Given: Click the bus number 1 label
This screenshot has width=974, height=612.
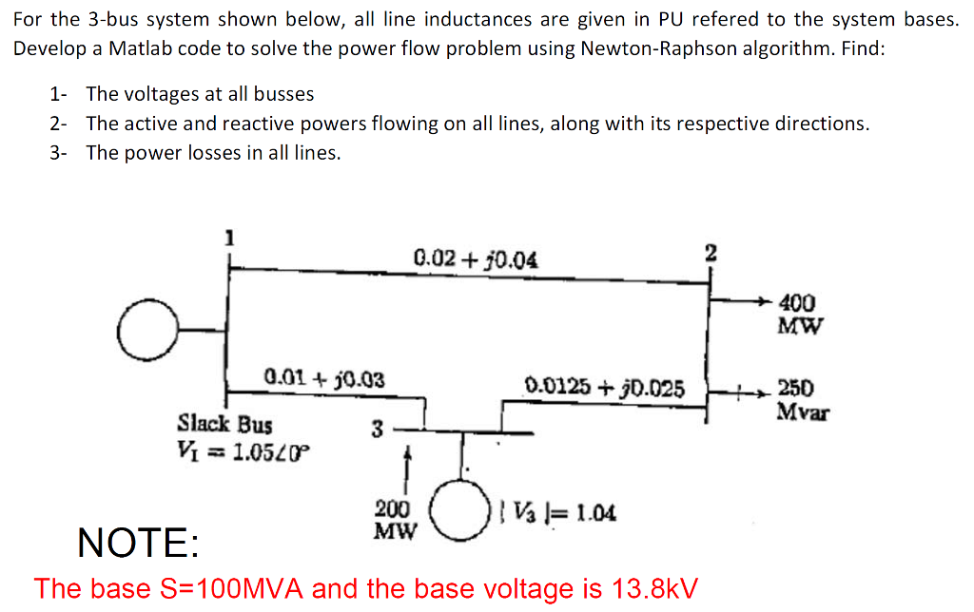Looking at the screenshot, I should click(227, 239).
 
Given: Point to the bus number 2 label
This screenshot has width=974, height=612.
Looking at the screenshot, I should click(710, 252).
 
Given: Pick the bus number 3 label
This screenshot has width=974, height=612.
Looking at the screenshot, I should click(377, 430).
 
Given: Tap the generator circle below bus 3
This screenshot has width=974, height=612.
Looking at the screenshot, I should click(462, 513).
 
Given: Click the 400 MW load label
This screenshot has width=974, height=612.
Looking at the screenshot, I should click(797, 315).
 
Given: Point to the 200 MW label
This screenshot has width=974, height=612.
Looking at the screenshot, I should click(393, 520).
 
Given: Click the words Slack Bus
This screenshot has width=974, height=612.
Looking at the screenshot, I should click(224, 422).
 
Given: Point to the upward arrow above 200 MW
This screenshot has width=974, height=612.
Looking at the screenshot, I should click(408, 461).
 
